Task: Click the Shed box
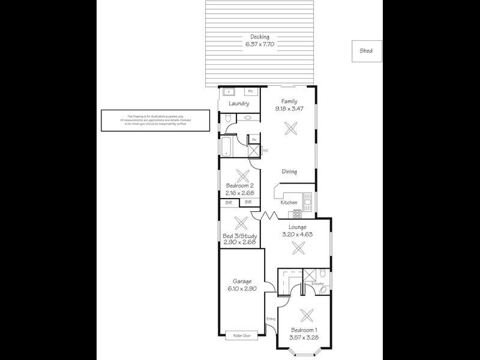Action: point(366,51)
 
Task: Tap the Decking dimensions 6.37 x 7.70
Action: point(260,44)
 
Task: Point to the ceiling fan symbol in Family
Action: point(290,127)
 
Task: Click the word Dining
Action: point(290,172)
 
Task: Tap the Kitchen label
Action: point(289,203)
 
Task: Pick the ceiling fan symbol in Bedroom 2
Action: point(242,176)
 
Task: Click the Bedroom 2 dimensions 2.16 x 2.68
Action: point(241,193)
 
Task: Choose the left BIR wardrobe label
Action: point(229,203)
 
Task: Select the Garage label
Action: point(242,281)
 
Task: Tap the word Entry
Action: point(270,319)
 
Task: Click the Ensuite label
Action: point(317,284)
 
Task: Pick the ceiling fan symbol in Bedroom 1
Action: point(307,315)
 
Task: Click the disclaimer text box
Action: point(155,120)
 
